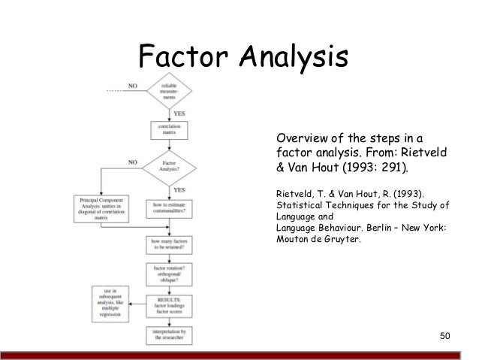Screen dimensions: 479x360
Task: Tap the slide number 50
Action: [446, 334]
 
